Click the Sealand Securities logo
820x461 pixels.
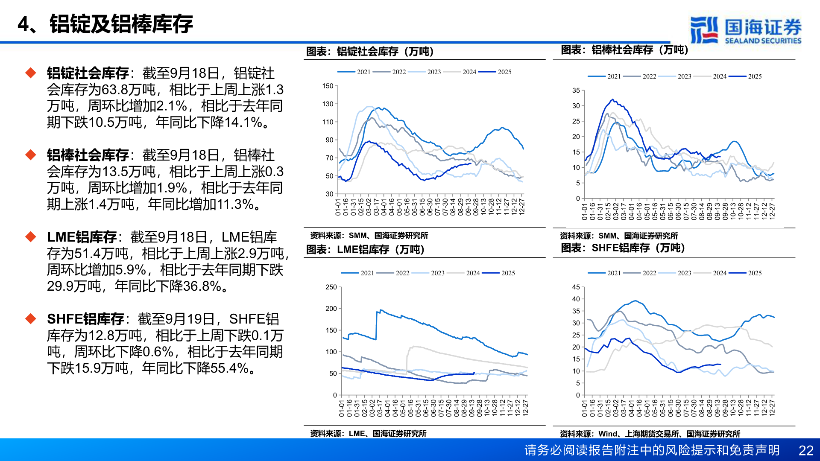(745, 30)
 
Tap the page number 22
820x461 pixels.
(805, 450)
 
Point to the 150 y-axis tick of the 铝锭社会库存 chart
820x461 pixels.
(328, 86)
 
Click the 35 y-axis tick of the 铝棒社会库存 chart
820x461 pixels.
(576, 90)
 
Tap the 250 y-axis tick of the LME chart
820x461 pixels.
(331, 287)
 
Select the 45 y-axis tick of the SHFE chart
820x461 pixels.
(576, 287)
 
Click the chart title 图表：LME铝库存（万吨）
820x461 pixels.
(365, 249)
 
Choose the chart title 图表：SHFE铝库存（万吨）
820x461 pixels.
(623, 248)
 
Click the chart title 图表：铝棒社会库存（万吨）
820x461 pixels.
(624, 50)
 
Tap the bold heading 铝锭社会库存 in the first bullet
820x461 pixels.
(88, 73)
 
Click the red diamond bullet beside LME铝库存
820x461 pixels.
(31, 236)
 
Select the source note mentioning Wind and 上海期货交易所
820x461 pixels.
(650, 434)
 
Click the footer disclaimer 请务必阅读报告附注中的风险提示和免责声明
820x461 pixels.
(652, 450)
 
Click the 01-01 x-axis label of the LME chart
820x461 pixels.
(342, 408)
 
